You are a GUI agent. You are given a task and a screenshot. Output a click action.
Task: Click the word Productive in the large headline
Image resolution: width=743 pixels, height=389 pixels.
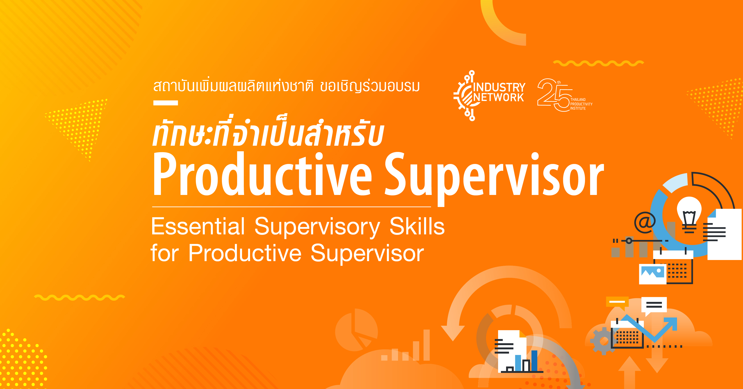(263, 175)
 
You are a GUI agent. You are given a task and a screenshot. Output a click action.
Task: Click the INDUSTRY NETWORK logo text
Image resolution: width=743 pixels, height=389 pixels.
(499, 92)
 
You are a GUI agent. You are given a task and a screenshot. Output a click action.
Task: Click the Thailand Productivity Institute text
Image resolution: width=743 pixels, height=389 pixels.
(581, 104)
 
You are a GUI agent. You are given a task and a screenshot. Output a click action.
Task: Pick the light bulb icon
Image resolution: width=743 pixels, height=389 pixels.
(689, 215)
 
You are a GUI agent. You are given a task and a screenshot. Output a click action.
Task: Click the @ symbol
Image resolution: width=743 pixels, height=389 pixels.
(645, 222)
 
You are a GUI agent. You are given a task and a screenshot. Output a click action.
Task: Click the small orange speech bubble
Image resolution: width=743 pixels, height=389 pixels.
(617, 303)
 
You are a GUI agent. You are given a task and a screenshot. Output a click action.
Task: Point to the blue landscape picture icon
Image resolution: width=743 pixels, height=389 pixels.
(653, 273)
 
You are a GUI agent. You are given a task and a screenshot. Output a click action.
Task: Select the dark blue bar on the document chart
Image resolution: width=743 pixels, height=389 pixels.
(534, 361)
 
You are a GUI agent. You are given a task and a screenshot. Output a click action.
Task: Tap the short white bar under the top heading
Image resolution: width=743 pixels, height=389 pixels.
(166, 103)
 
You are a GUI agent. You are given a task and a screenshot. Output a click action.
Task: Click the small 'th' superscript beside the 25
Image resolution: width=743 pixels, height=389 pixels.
(559, 82)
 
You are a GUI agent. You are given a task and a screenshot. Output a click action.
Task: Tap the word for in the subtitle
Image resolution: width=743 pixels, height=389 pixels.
(165, 253)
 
